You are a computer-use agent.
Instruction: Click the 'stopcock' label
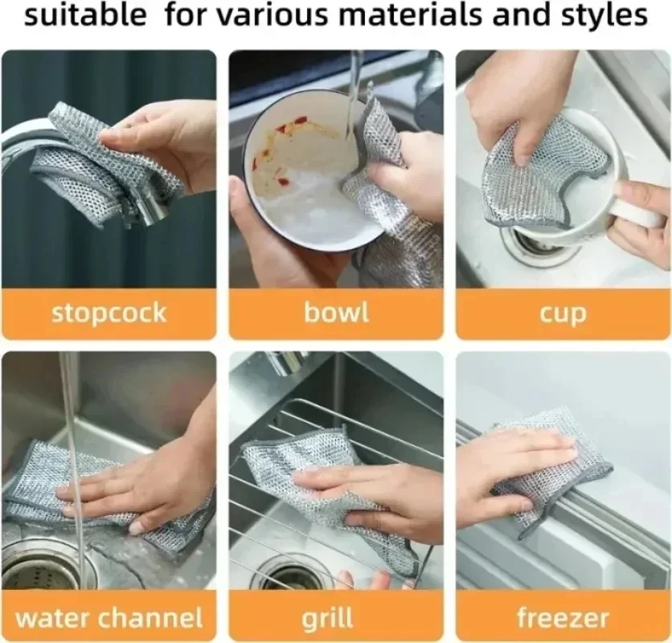coord(109,313)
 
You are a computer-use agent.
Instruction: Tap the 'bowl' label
coord(335,313)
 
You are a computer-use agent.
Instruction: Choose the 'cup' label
coord(563,313)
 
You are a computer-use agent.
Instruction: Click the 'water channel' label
coord(109,618)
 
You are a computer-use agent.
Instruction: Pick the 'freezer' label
coord(563,618)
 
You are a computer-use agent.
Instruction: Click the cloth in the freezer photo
coord(563,466)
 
